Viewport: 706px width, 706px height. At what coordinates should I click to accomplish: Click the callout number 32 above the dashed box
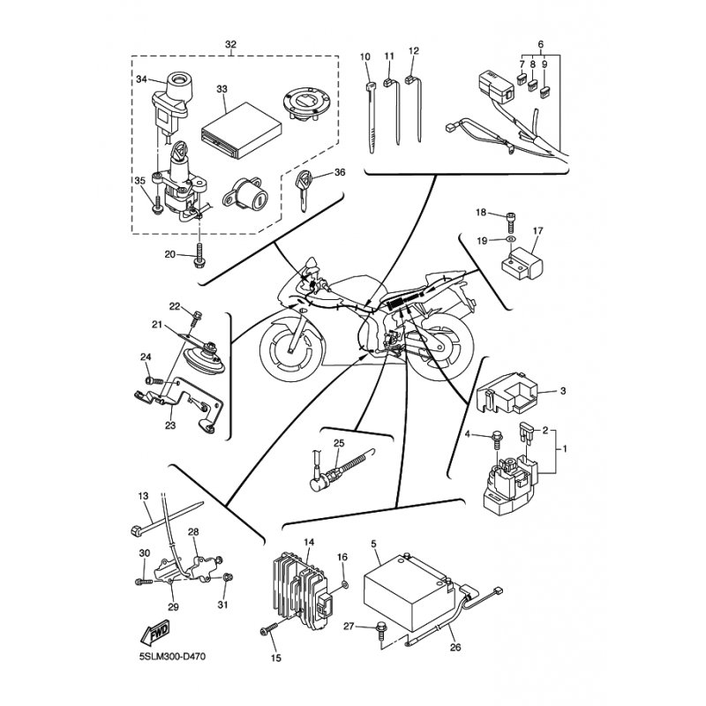[231, 44]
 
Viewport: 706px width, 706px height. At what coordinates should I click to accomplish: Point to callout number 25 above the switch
[338, 442]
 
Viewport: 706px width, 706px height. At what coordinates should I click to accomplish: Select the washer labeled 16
[343, 583]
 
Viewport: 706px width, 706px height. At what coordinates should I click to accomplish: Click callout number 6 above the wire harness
[541, 44]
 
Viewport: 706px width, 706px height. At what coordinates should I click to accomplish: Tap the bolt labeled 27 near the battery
[381, 628]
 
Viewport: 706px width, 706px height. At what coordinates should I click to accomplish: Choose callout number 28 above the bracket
[193, 532]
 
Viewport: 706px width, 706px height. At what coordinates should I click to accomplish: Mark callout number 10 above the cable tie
[365, 56]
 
